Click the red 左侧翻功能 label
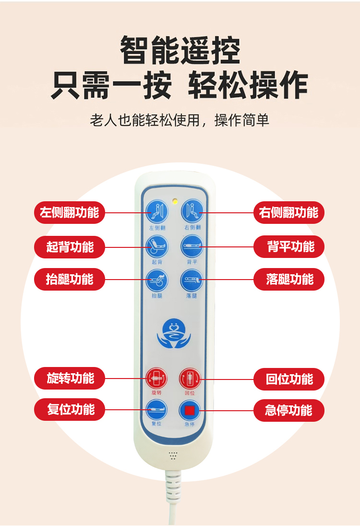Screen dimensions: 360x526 coord(70,212)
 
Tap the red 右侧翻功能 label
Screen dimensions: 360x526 coord(288,212)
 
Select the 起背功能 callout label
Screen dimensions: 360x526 coord(70,247)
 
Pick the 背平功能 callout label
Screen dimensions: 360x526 coord(288,246)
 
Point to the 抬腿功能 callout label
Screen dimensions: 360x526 coord(70,279)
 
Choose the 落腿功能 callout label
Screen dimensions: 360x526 coord(288,279)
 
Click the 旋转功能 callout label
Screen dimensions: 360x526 coord(70,378)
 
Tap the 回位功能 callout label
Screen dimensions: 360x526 coord(288,379)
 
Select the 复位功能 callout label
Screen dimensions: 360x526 coord(70,409)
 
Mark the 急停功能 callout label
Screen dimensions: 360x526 coord(288,410)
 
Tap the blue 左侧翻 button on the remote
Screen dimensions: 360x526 coord(157,212)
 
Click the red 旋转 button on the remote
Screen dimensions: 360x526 coord(156,379)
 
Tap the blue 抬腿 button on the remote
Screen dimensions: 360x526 coord(157,281)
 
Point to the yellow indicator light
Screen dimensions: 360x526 coord(175,201)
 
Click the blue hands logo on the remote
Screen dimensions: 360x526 coord(173,333)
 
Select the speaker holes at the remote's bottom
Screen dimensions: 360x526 coord(173,455)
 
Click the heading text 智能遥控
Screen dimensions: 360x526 coord(180,50)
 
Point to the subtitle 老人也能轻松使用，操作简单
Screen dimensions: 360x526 coord(180,120)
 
